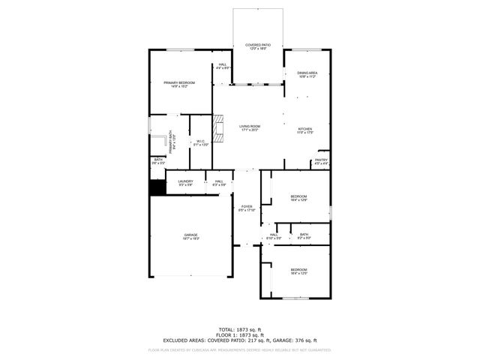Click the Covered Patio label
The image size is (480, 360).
coord(257,46)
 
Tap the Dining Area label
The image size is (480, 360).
coord(307,74)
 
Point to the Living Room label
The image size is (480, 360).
coord(250,127)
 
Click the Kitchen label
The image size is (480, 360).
coord(304,130)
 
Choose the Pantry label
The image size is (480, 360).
coord(321,161)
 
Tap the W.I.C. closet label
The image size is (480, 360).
coord(201,142)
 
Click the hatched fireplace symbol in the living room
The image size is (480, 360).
coord(218,128)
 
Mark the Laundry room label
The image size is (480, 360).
coord(185,183)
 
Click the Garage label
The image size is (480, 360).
coord(190,236)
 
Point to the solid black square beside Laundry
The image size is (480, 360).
coord(157,187)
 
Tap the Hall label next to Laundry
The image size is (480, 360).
coord(219,183)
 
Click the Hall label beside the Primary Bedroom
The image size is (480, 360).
coord(223,66)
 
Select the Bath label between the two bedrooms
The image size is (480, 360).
coord(304,235)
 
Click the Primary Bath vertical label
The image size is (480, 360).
coord(171,140)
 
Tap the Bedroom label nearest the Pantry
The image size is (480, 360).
coord(299,197)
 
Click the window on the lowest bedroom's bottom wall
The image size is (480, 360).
coord(295,298)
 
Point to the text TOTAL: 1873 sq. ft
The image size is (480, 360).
coord(239,329)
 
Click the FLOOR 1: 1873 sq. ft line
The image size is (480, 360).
coord(239,335)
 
